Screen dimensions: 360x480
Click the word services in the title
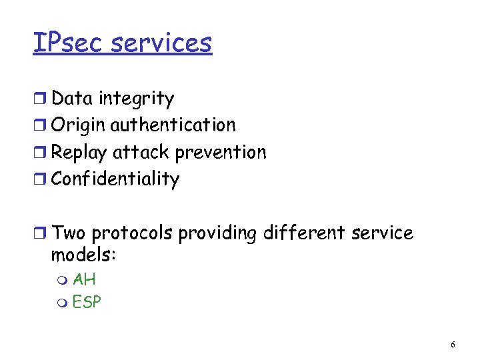(x=161, y=43)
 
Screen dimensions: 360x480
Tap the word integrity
(x=136, y=99)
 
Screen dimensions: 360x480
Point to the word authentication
(x=173, y=125)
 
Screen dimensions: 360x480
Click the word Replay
(x=79, y=153)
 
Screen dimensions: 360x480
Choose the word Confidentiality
(x=115, y=179)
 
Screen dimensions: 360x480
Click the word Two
(x=69, y=233)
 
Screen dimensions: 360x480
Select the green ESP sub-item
(x=87, y=302)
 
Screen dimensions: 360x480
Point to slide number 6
(x=453, y=345)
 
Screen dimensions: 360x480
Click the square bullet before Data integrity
(x=41, y=99)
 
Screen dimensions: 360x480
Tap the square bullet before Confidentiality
(x=41, y=179)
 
